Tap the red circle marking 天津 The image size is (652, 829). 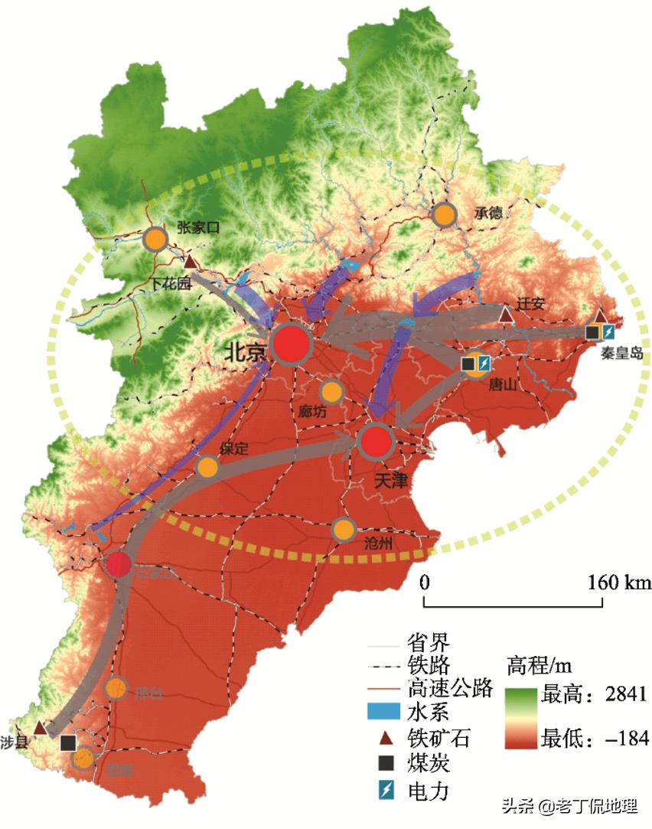tap(375, 442)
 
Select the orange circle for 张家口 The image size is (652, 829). tap(155, 240)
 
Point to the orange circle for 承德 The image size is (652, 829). tap(444, 215)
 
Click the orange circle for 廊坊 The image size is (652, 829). tap(331, 392)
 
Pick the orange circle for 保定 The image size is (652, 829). tap(207, 467)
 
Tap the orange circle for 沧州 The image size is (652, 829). tap(344, 529)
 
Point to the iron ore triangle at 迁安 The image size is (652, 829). tap(505, 314)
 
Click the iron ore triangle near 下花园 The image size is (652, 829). tap(190, 263)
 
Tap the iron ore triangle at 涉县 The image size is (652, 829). tap(40, 726)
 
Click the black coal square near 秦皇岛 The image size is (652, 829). tap(592, 332)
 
